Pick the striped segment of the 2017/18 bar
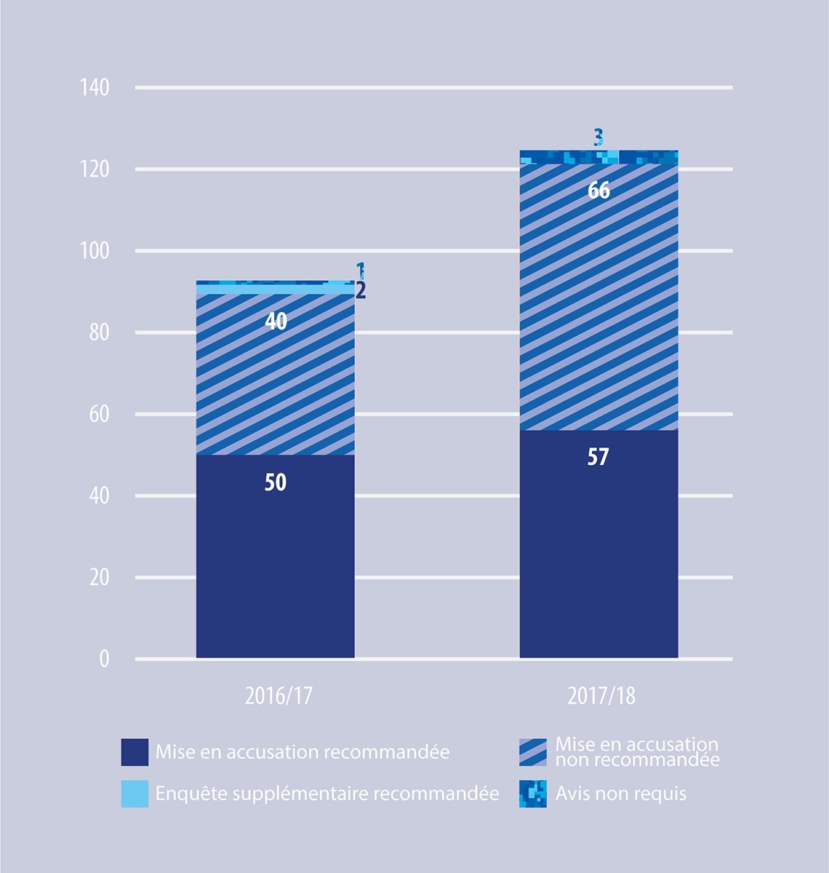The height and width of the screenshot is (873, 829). pos(598,306)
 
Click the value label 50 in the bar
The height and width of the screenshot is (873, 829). pos(275,482)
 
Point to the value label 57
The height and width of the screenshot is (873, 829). pos(598,457)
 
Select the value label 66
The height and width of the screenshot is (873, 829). pos(598,191)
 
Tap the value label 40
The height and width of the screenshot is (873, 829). pos(276,321)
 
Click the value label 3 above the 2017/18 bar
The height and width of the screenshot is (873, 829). pos(598,137)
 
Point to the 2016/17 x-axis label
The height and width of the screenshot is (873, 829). pos(279,696)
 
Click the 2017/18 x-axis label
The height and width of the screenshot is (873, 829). pos(601,696)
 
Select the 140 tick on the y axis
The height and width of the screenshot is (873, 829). pos(95,88)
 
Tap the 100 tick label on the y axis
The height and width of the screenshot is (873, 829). pos(95,251)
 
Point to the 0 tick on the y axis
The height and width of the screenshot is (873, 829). pos(104,659)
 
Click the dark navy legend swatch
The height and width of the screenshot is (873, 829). pos(135,752)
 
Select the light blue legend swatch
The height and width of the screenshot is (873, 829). pos(135,794)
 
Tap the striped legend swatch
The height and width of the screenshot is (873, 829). pos(533,752)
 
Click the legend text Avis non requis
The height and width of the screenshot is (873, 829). pos(621,794)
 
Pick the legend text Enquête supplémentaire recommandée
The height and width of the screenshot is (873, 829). pos(327,794)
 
